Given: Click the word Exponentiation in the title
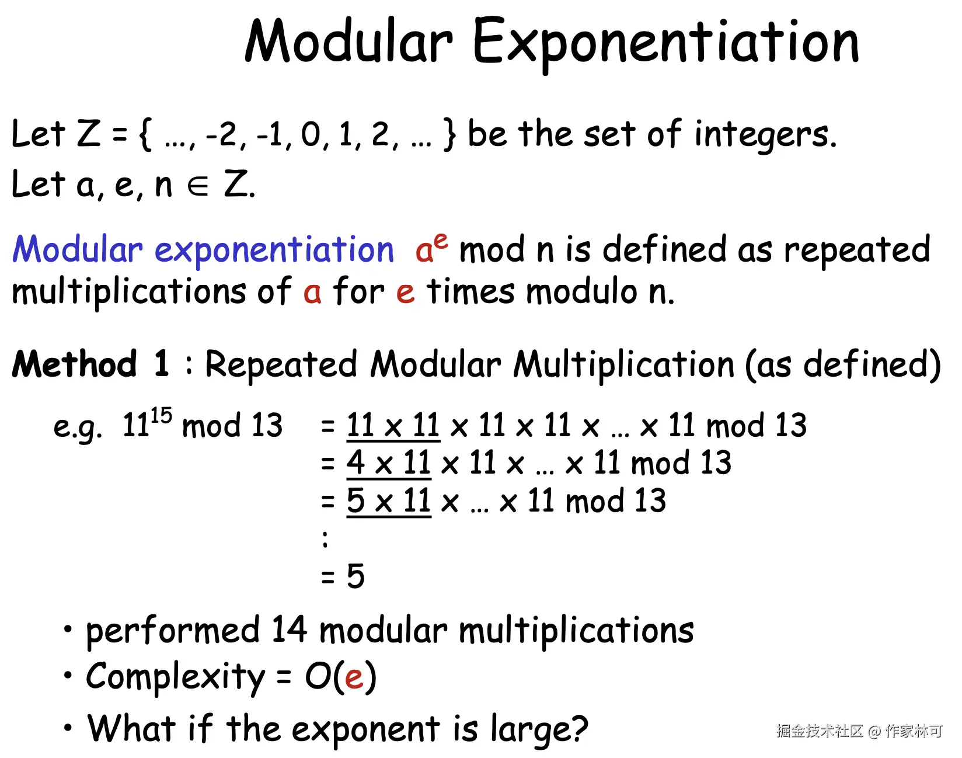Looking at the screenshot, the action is [666, 42].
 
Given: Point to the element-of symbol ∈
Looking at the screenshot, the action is [198, 186].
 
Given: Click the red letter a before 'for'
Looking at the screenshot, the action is [312, 292].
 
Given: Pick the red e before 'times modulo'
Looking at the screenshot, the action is [405, 292].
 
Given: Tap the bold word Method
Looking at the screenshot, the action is [75, 364].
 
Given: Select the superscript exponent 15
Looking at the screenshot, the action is [161, 416].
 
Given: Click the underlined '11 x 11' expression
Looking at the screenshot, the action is [393, 425].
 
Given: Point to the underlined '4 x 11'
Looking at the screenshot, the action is [389, 464].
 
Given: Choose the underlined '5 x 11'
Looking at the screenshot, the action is [389, 502].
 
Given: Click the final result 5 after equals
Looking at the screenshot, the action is [355, 576].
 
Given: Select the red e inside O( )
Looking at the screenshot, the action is [354, 678].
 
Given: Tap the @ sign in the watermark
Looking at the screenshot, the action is [874, 732].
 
